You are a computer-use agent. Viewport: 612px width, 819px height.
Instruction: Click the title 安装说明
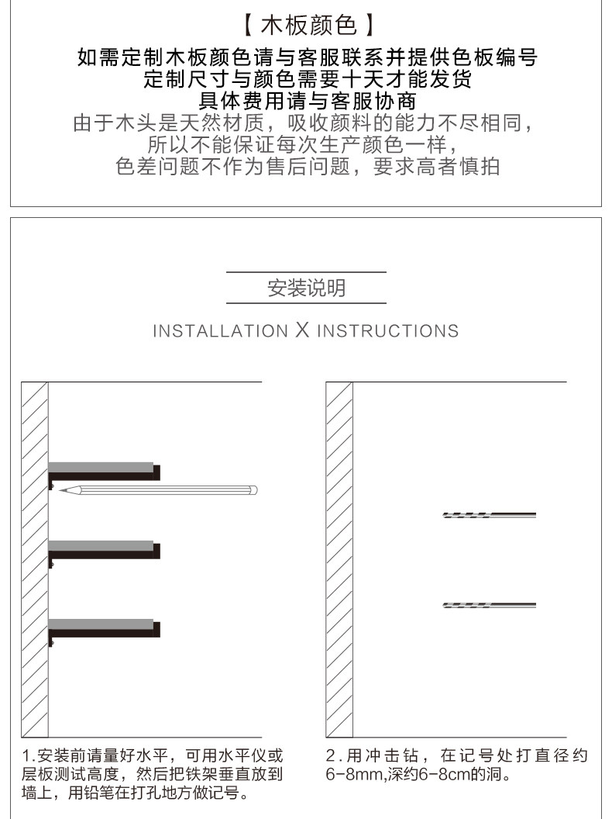[306, 289]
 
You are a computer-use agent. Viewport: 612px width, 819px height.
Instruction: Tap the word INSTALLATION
[220, 331]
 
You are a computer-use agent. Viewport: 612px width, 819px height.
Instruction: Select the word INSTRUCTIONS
[387, 331]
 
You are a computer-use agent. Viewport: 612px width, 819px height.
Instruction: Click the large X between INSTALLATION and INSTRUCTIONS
[302, 330]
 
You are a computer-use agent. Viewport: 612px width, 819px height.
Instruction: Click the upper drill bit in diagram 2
[489, 515]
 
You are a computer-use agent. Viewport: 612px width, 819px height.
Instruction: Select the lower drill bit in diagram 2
[489, 605]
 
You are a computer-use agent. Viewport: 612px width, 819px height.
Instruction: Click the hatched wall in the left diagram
[35, 558]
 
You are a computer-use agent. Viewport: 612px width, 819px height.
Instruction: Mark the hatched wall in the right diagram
[339, 558]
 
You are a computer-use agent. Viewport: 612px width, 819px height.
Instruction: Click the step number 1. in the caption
[29, 755]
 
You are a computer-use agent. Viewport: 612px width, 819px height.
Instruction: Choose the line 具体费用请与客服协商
[306, 101]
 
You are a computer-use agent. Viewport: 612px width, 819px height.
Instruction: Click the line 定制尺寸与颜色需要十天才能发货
[306, 79]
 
